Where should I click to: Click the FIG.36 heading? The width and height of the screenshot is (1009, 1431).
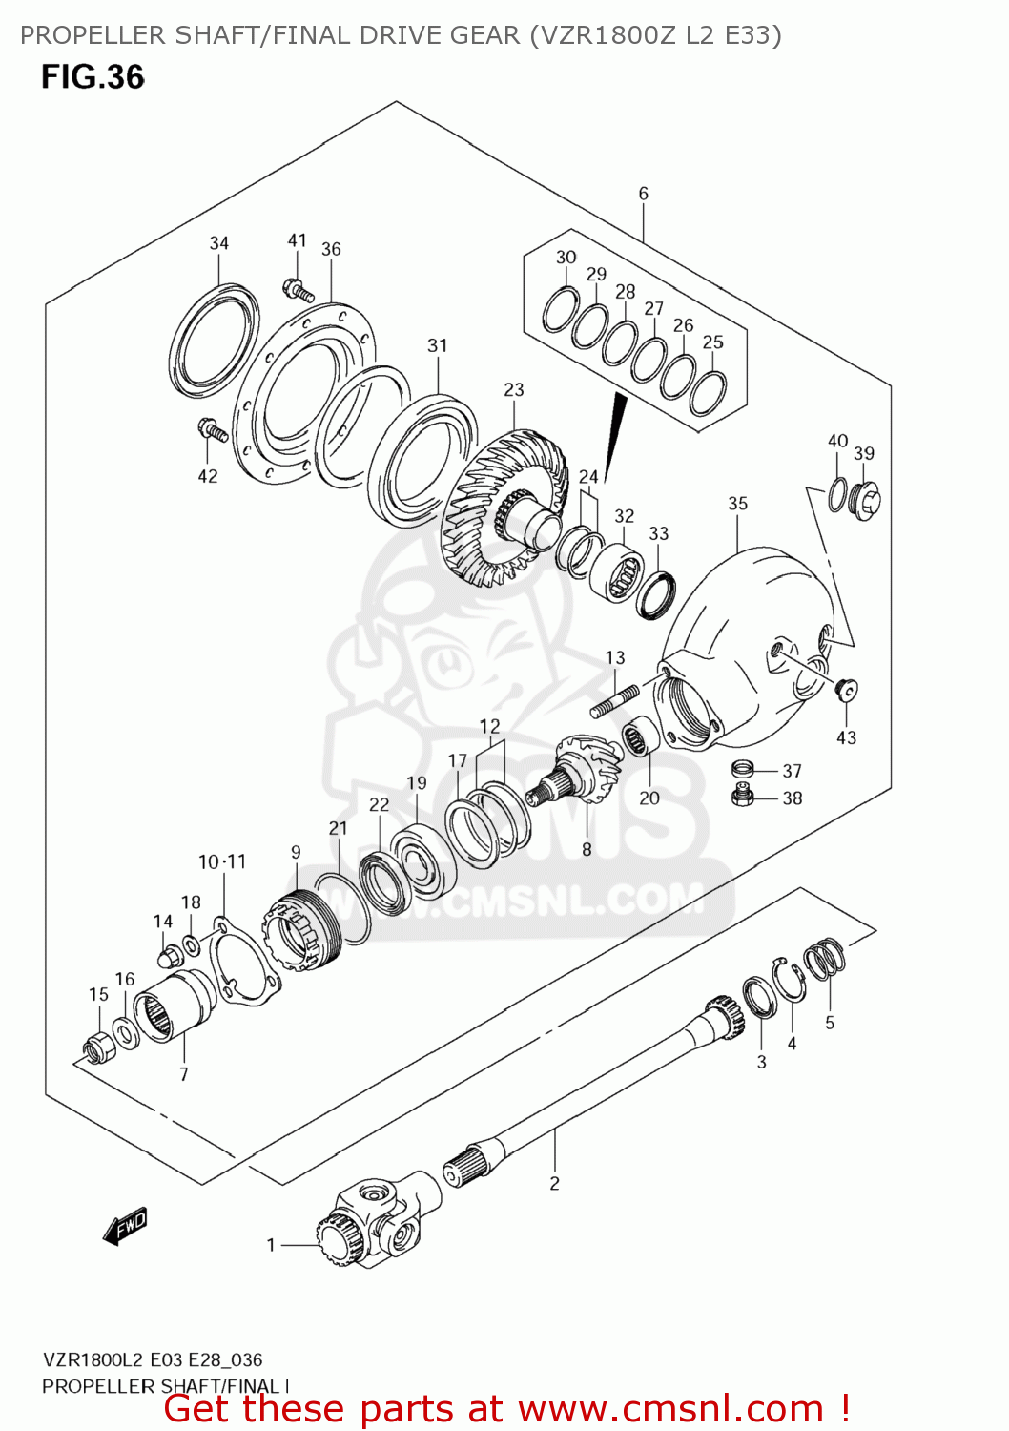pyautogui.click(x=93, y=77)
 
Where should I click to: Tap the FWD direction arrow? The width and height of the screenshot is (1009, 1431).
pyautogui.click(x=126, y=1226)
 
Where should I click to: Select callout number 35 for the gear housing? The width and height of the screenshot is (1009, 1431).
pyautogui.click(x=737, y=504)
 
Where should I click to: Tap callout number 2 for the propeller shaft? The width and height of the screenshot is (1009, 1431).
pyautogui.click(x=554, y=1184)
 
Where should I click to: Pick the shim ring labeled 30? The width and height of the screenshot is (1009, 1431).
pyautogui.click(x=561, y=309)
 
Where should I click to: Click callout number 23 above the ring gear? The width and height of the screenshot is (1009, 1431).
pyautogui.click(x=514, y=390)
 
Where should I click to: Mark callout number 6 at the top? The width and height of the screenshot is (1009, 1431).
pyautogui.click(x=644, y=194)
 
